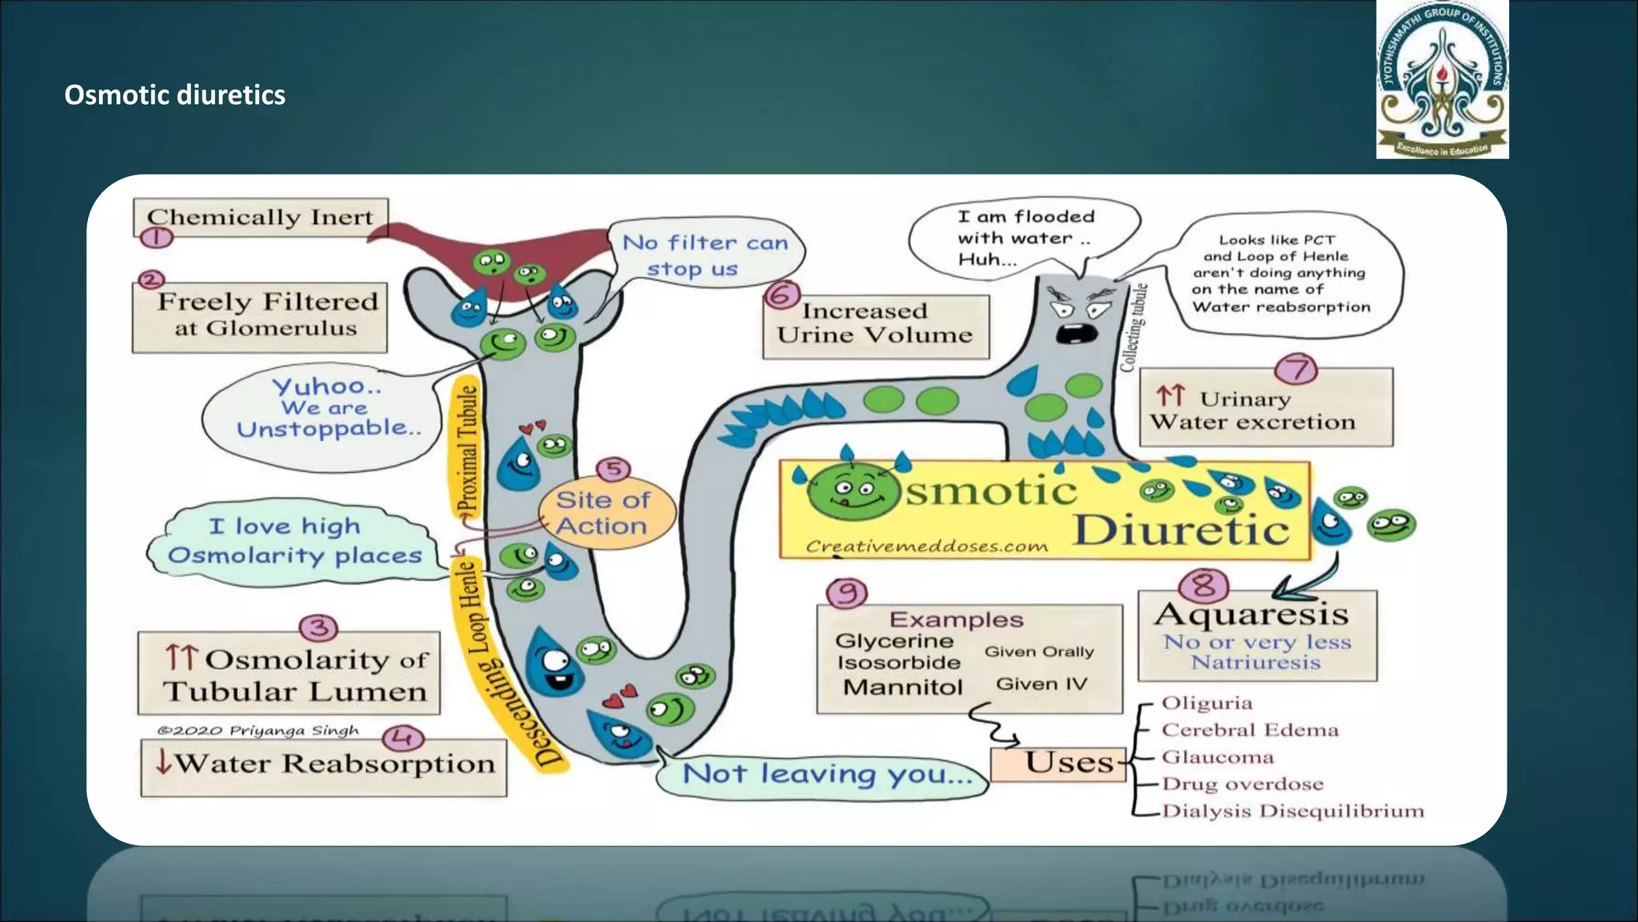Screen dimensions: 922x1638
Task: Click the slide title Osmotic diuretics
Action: click(174, 95)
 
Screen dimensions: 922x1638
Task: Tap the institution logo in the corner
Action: click(1442, 80)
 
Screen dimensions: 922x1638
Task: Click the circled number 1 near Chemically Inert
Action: click(157, 237)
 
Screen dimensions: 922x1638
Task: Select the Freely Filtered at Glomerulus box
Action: click(261, 317)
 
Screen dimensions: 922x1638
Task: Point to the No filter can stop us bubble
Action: click(705, 255)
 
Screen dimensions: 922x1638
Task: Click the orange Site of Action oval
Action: click(604, 513)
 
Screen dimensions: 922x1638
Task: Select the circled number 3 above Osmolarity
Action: click(318, 628)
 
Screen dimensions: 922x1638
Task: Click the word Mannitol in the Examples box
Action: click(902, 687)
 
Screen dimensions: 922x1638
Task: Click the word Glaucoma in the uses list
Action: click(1217, 757)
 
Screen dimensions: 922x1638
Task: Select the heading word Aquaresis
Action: click(1252, 615)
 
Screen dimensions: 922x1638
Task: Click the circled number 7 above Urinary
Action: click(1295, 369)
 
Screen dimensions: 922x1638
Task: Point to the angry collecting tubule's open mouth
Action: click(1077, 333)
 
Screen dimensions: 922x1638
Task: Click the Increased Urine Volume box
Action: click(876, 325)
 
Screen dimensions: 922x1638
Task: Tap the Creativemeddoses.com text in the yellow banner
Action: click(926, 547)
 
